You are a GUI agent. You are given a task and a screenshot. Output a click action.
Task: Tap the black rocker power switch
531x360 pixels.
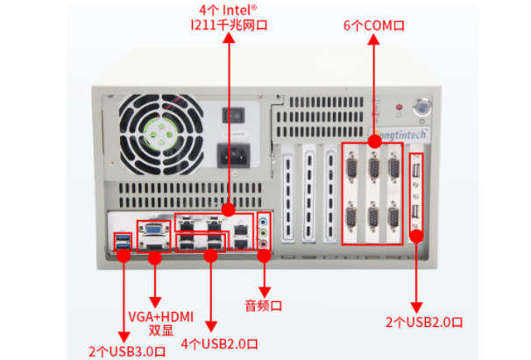(x=234, y=115)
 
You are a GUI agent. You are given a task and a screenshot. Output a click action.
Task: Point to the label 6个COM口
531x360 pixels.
(x=374, y=26)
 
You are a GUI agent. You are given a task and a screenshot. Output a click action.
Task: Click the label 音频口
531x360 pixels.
(x=264, y=306)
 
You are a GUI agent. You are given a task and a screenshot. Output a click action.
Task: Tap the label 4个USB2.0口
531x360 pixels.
(x=210, y=344)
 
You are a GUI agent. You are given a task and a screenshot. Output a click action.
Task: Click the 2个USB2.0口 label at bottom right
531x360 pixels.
(x=418, y=321)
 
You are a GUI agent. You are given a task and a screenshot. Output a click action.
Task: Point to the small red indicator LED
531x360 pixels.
(x=400, y=109)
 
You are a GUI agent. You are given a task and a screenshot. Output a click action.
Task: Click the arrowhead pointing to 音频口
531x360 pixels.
(x=264, y=291)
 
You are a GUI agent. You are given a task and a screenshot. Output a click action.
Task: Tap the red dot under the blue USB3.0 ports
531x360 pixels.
(x=123, y=256)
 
